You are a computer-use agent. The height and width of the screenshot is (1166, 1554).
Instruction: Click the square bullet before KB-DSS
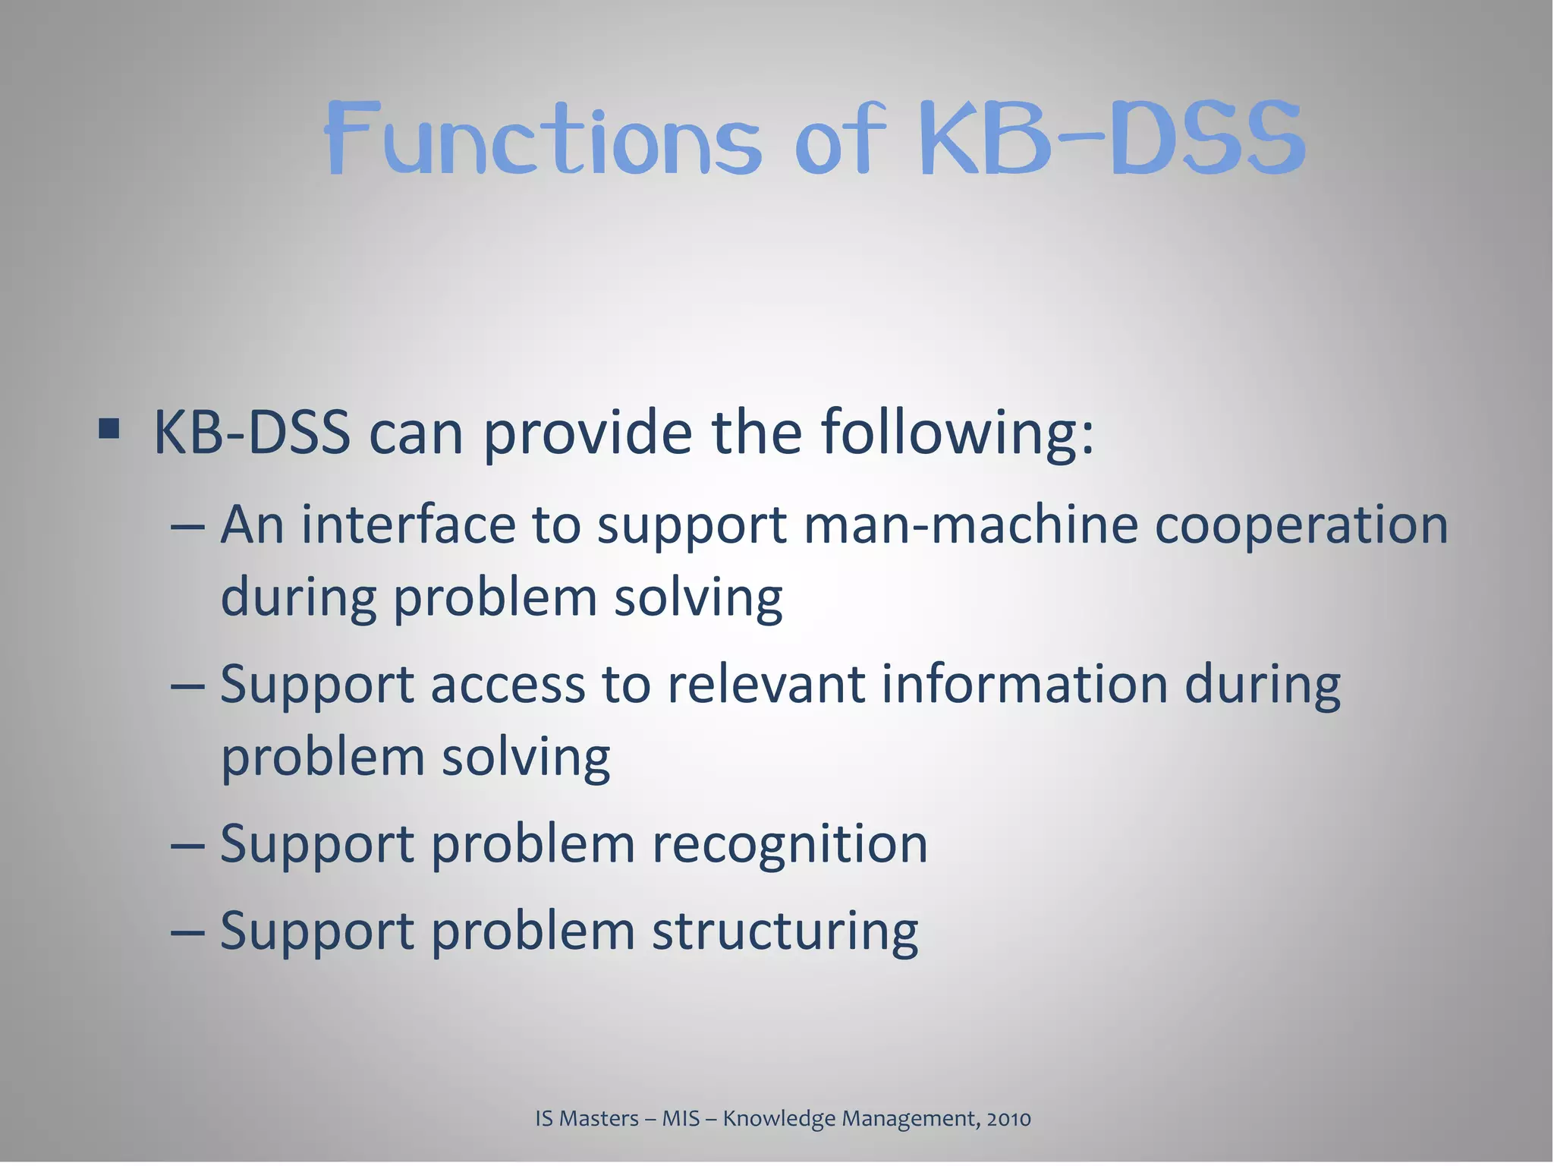click(x=109, y=429)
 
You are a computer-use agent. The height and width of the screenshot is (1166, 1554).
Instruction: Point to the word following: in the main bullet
click(x=956, y=434)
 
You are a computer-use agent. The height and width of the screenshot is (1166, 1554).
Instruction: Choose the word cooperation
click(x=1301, y=526)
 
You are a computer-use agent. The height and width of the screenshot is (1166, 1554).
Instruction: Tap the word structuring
click(x=785, y=931)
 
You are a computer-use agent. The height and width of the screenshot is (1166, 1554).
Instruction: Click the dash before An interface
click(x=187, y=526)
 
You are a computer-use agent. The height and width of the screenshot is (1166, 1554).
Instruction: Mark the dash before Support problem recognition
click(x=187, y=845)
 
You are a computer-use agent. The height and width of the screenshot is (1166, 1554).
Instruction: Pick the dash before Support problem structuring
click(x=187, y=931)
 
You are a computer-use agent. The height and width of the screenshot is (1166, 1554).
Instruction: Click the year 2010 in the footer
click(x=1008, y=1119)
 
